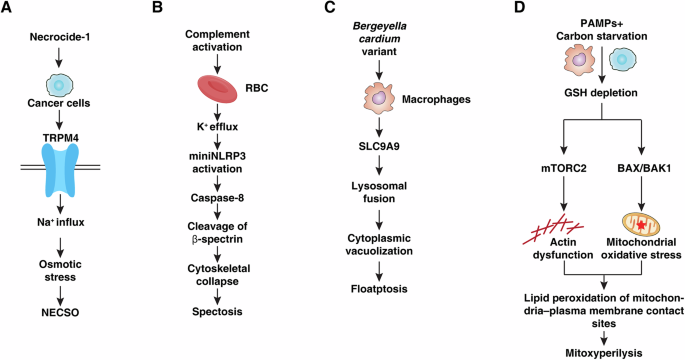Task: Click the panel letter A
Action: pyautogui.click(x=8, y=10)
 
